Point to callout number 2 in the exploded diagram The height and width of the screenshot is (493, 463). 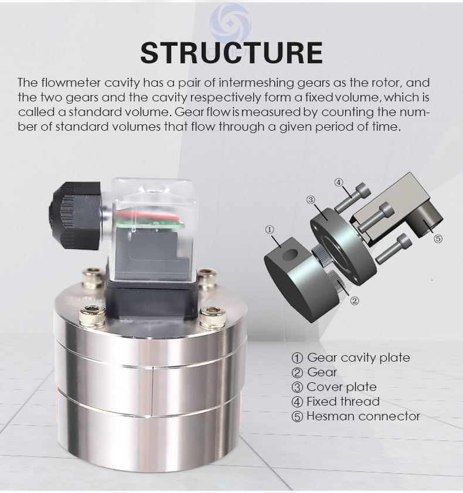click(354, 301)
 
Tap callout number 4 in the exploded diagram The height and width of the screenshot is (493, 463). click(338, 182)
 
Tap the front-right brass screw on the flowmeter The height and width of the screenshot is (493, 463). click(212, 317)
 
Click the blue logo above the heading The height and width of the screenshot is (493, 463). click(231, 23)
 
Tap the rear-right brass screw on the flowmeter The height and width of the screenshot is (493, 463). click(207, 277)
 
